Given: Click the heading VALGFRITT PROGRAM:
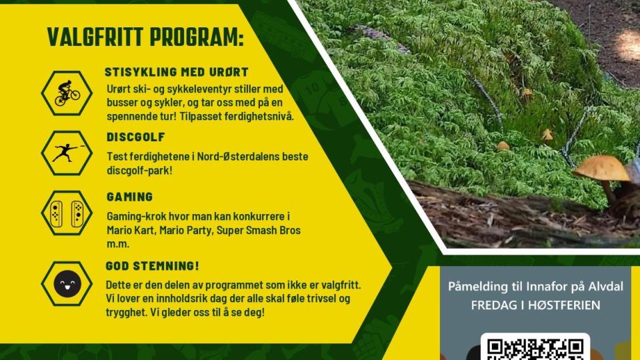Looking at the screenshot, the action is [145, 37].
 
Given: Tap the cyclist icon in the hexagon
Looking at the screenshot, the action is [67, 93].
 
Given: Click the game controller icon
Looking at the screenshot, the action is [67, 213].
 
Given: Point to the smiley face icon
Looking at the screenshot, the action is [67, 284].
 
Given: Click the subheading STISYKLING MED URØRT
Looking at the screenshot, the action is [176, 72].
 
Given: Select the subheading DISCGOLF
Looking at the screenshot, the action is [135, 137].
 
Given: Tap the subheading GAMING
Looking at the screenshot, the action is [129, 197].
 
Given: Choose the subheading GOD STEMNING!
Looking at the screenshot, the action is [152, 266].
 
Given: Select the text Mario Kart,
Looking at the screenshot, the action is [131, 230].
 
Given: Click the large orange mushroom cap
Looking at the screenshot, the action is [601, 167].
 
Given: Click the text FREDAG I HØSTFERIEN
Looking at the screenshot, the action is [535, 305].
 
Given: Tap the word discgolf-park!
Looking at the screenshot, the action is [139, 170].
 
